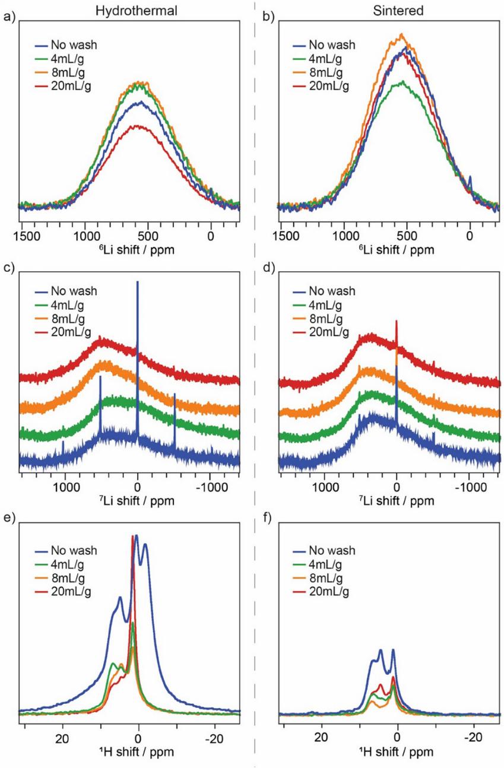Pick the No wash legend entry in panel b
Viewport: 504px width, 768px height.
[333, 45]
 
